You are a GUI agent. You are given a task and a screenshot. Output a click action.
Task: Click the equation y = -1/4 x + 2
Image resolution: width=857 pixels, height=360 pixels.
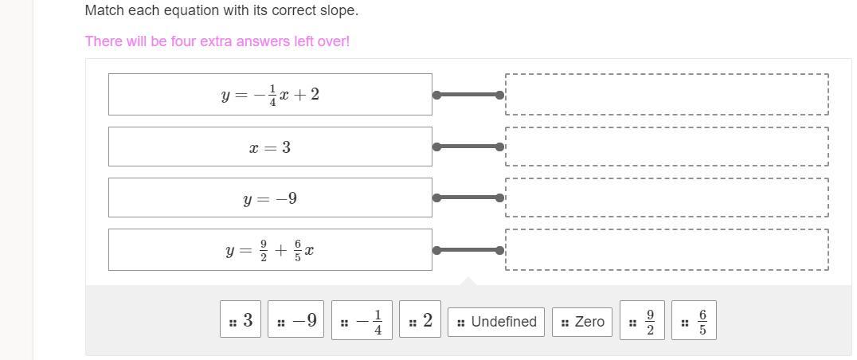coord(270,94)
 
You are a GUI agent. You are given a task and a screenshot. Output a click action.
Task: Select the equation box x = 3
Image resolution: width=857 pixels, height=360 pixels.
coord(270,147)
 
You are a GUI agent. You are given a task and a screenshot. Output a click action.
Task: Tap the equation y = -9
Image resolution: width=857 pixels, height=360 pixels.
coord(270,198)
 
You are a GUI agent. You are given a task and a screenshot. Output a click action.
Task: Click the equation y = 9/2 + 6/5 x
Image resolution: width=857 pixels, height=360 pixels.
coord(270,250)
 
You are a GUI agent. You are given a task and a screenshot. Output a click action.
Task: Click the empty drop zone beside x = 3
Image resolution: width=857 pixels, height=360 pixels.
coord(667,147)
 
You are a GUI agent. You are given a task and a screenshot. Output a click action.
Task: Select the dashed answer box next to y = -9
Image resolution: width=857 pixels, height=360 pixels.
coord(667,198)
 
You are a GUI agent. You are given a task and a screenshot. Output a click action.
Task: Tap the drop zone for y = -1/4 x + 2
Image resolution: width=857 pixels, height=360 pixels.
coord(667,94)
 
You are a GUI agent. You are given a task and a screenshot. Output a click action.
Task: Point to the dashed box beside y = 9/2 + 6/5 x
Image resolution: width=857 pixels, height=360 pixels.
coord(667,250)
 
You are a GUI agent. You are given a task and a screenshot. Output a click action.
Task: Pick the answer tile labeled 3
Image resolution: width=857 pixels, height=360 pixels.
coord(241,320)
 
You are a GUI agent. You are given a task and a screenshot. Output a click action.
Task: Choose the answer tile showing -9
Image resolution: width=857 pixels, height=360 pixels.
coord(296,320)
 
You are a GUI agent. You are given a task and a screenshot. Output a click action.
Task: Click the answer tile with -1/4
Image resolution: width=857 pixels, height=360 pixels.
coord(362,320)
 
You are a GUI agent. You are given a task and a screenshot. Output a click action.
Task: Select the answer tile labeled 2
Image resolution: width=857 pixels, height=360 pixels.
coord(420,320)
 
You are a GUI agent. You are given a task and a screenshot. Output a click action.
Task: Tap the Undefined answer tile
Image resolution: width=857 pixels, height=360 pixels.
coord(496,322)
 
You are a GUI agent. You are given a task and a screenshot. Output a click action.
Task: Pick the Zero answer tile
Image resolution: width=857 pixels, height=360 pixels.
coord(582,322)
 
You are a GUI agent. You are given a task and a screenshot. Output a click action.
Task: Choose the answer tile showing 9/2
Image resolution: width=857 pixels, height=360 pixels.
coord(642,320)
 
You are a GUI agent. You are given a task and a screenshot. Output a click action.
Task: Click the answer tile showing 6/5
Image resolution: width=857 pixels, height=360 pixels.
coord(695,320)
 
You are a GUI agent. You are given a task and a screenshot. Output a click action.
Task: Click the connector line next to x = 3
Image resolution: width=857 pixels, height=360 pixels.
coord(468,147)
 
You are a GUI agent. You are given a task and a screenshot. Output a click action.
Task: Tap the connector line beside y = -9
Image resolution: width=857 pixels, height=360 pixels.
coord(468,198)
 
